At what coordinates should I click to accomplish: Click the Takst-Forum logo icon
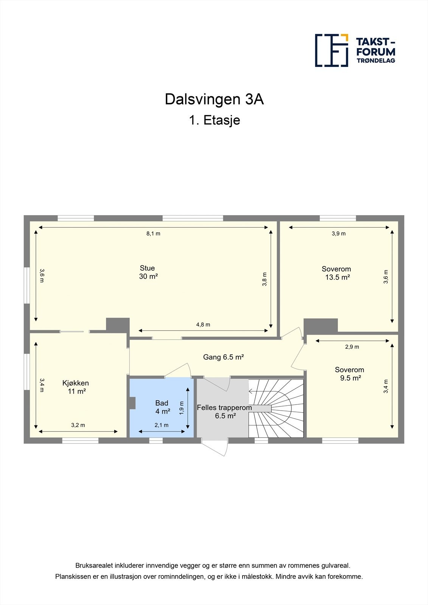pyautogui.click(x=332, y=50)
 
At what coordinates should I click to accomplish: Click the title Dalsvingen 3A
pyautogui.click(x=214, y=99)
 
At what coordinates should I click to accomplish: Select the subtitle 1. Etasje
pyautogui.click(x=214, y=120)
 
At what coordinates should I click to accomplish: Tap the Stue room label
pyautogui.click(x=147, y=268)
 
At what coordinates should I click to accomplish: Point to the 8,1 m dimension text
pyautogui.click(x=153, y=234)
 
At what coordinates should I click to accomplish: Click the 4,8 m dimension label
pyautogui.click(x=203, y=324)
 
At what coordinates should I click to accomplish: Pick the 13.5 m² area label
pyautogui.click(x=337, y=278)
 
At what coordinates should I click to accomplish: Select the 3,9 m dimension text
pyautogui.click(x=339, y=234)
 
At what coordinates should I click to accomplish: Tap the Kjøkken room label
pyautogui.click(x=76, y=383)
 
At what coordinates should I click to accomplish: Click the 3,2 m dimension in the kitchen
pyautogui.click(x=78, y=425)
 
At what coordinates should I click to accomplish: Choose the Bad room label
pyautogui.click(x=162, y=403)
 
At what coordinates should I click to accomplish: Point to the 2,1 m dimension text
pyautogui.click(x=162, y=425)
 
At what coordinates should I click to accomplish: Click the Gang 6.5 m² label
pyautogui.click(x=223, y=357)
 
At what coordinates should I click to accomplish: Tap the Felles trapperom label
pyautogui.click(x=224, y=408)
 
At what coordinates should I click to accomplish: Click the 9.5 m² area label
pyautogui.click(x=350, y=378)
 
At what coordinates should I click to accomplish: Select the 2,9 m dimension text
pyautogui.click(x=352, y=347)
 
